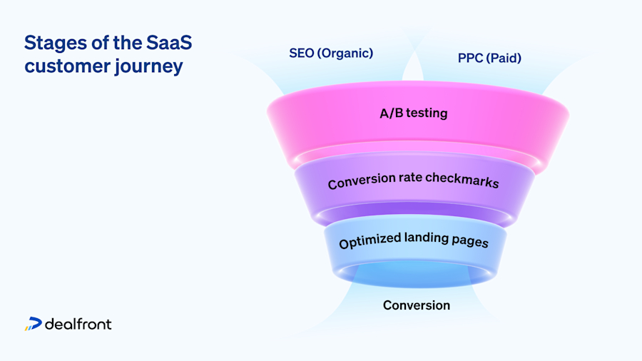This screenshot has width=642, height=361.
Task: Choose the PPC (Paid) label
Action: [489, 58]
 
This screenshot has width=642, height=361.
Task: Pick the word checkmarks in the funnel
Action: [463, 181]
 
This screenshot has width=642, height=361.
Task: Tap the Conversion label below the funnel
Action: [417, 305]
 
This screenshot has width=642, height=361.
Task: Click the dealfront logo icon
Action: [33, 324]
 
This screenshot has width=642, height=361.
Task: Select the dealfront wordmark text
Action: [78, 324]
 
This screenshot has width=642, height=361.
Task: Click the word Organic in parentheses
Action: [347, 53]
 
